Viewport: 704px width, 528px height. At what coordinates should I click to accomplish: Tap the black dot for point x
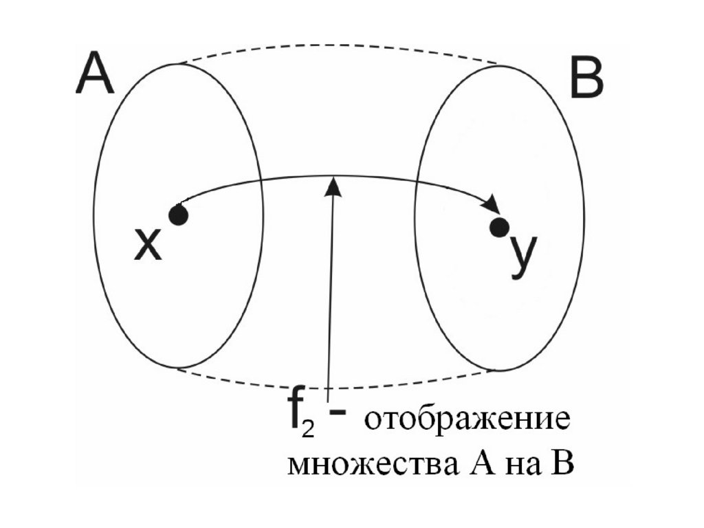pyautogui.click(x=179, y=216)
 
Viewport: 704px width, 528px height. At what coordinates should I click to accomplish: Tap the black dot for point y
pyautogui.click(x=500, y=226)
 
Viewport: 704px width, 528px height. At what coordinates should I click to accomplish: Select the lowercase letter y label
pyautogui.click(x=525, y=254)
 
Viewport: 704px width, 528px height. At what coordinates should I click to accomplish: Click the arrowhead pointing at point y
pyautogui.click(x=492, y=206)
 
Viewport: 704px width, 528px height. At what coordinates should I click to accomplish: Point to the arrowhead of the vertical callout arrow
pyautogui.click(x=334, y=186)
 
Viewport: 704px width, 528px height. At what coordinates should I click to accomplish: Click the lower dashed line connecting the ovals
pyautogui.click(x=337, y=387)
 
